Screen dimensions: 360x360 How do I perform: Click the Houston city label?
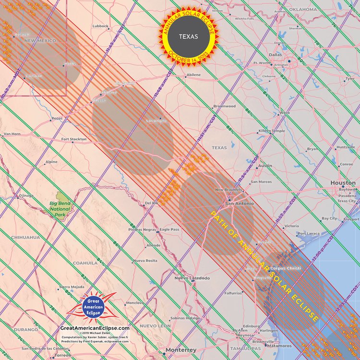[343, 183]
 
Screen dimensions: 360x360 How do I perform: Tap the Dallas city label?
[276, 55]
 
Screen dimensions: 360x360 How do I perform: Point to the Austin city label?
[265, 166]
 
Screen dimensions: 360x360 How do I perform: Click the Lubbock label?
[100, 26]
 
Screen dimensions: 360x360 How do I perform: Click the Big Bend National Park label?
[60, 209]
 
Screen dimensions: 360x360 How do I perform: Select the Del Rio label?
[151, 203]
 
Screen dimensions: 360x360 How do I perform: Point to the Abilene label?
[193, 75]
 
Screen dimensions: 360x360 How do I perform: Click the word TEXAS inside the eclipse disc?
[189, 36]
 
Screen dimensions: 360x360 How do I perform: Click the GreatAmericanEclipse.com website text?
[95, 328]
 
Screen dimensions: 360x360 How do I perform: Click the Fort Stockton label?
[74, 139]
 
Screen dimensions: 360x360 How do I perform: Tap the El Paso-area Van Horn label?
[12, 134]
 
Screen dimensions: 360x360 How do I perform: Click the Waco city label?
[285, 113]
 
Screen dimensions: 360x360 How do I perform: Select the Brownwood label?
[224, 106]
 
